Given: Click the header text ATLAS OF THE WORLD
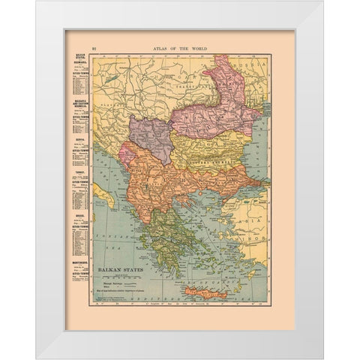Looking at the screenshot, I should (x=180, y=46).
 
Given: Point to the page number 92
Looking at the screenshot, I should (x=72, y=46).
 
